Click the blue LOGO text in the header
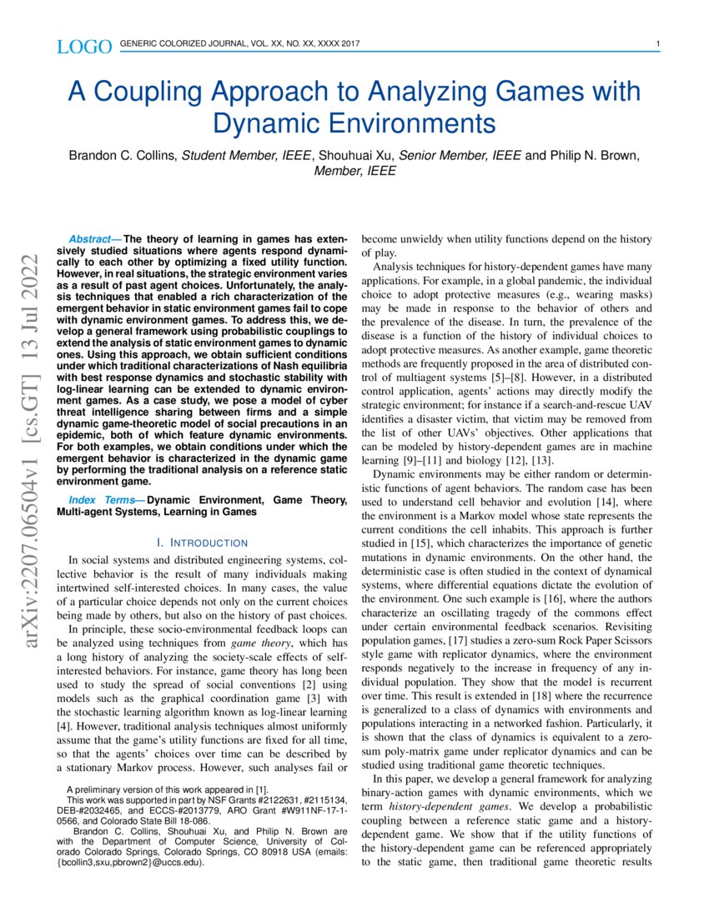84,47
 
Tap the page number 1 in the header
658,44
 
